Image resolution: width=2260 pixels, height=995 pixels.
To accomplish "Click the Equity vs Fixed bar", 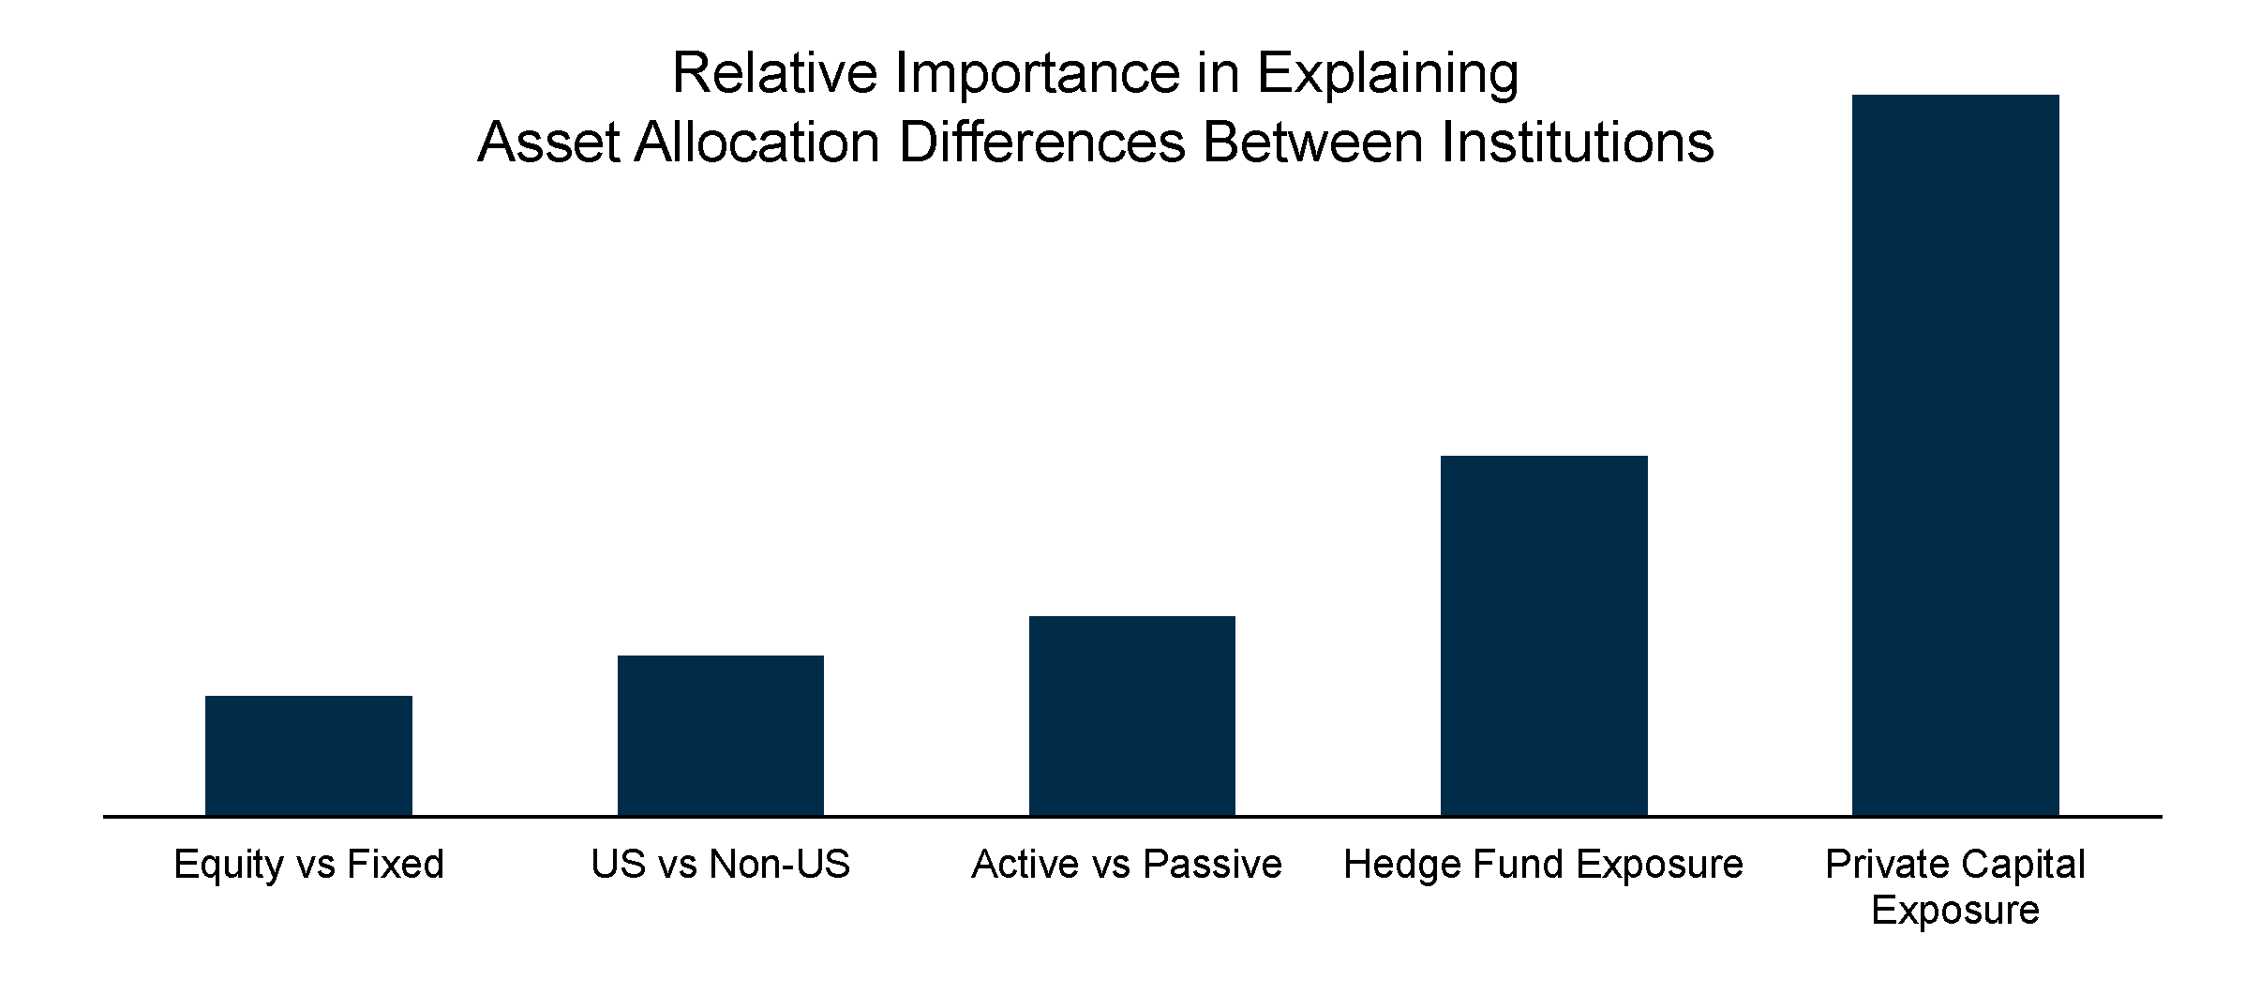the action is pyautogui.click(x=308, y=755).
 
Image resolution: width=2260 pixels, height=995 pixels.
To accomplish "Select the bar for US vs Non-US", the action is pyautogui.click(x=720, y=735).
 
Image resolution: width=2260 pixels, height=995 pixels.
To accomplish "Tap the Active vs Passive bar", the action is pyautogui.click(x=1131, y=716).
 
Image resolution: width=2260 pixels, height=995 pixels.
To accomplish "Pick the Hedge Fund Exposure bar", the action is pyautogui.click(x=1544, y=636).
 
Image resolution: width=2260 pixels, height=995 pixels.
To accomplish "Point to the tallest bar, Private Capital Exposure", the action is pyautogui.click(x=1955, y=455).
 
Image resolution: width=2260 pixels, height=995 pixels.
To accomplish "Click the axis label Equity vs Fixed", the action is pyautogui.click(x=308, y=864).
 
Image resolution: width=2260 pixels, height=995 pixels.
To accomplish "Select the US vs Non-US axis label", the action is pyautogui.click(x=720, y=864).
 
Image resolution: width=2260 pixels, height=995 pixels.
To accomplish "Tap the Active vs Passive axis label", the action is pyautogui.click(x=1127, y=864).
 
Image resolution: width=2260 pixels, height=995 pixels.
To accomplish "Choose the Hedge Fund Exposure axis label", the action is pyautogui.click(x=1543, y=864).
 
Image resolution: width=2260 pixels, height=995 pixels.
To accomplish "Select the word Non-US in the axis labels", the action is pyautogui.click(x=779, y=864).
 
